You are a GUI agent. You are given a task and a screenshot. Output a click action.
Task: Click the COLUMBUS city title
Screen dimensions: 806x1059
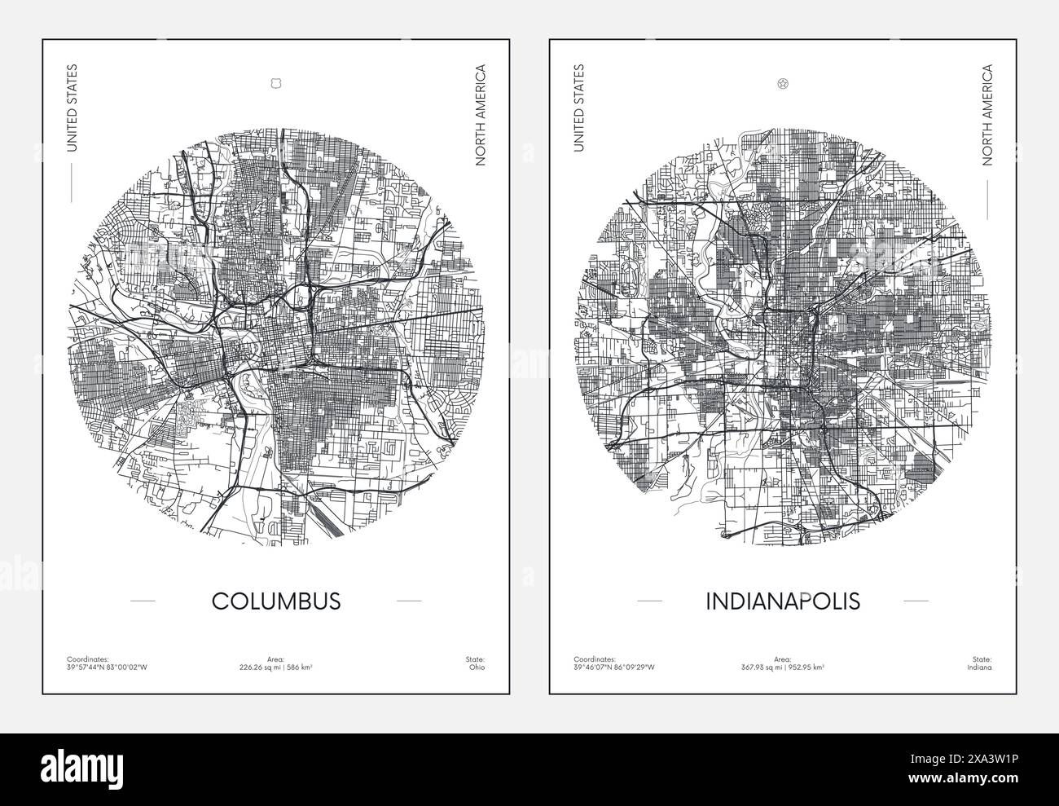276,601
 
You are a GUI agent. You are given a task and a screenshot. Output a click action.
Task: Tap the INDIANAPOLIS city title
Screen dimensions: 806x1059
783,601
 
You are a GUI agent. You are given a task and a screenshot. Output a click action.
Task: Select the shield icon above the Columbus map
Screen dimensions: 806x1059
275,83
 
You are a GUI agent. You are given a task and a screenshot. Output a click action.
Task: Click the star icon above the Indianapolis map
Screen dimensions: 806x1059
783,83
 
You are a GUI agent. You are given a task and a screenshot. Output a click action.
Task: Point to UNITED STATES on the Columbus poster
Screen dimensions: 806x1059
72,108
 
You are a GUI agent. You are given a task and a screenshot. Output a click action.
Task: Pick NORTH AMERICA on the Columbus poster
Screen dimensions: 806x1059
481,115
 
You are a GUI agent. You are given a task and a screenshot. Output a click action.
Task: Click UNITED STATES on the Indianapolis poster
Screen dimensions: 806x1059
579,108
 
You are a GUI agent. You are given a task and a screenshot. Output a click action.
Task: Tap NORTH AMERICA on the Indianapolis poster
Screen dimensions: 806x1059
987,115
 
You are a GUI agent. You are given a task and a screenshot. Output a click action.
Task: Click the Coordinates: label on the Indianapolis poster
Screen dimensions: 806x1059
593,658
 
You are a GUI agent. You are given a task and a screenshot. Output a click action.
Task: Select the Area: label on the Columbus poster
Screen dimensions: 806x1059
276,658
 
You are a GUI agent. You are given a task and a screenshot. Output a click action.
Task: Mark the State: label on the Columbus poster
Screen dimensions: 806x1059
476,658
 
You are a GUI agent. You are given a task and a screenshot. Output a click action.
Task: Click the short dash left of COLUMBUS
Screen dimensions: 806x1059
143,601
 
